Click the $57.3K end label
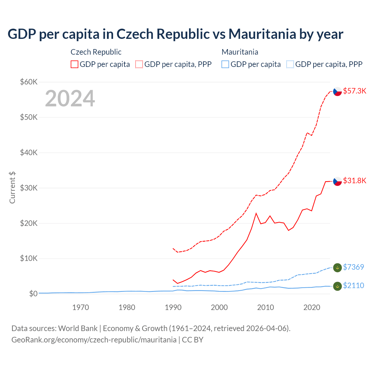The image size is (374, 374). [x=354, y=91]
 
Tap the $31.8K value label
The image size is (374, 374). [x=354, y=181]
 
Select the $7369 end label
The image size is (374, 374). [x=353, y=267]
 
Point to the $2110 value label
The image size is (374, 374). [x=353, y=285]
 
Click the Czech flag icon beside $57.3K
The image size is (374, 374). [x=337, y=91]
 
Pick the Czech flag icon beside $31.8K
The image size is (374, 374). [x=337, y=181]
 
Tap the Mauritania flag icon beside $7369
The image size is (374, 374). [x=337, y=267]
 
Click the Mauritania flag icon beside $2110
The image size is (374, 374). [x=337, y=286]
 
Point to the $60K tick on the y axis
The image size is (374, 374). [x=29, y=82]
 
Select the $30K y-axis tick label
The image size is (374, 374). [x=29, y=188]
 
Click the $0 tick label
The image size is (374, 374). [x=33, y=294]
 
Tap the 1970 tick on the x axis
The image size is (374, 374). [x=81, y=307]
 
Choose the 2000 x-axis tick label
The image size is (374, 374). [x=219, y=307]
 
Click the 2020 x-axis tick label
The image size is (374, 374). [x=312, y=307]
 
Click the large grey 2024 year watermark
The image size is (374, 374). [x=70, y=98]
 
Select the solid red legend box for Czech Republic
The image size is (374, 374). [x=75, y=64]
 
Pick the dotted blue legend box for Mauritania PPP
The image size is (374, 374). [x=290, y=64]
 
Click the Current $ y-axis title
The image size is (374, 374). [x=12, y=188]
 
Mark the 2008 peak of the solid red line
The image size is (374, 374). [x=256, y=213]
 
